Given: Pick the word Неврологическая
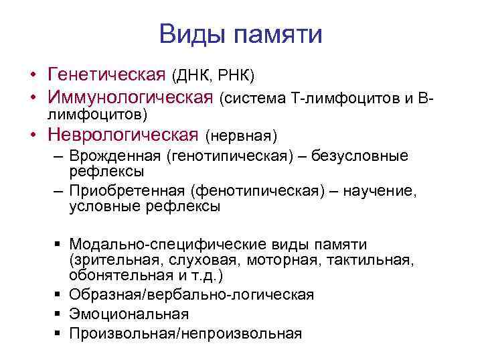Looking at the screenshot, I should (123, 135).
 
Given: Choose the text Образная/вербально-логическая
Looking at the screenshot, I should (191, 295).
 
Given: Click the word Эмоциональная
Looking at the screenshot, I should (129, 314).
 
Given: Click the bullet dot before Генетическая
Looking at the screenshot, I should (31, 72).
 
